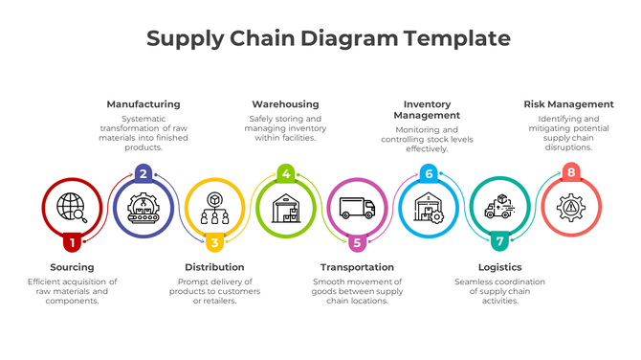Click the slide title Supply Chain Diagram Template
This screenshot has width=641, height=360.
[x=328, y=39]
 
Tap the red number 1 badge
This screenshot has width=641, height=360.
[x=72, y=243]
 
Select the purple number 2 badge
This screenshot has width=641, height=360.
[x=143, y=173]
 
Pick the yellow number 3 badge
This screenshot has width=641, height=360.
[x=214, y=243]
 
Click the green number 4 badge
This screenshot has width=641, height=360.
[x=285, y=173]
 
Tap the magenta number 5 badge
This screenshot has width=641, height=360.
[x=357, y=243]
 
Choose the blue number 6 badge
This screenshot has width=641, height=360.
[x=429, y=173]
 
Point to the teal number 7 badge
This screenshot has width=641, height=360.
[x=499, y=243]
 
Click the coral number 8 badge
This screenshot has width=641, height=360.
[x=571, y=173]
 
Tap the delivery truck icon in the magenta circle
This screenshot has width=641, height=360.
[x=357, y=208]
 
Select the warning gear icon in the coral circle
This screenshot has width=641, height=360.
[x=571, y=208]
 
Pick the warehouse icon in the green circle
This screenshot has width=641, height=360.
[x=285, y=208]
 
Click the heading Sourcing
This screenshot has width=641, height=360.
[x=72, y=267]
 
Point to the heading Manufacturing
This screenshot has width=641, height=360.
[x=143, y=103]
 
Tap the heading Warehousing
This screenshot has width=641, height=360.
[x=285, y=103]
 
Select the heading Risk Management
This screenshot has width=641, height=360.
[x=568, y=103]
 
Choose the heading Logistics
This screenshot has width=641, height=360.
[x=499, y=267]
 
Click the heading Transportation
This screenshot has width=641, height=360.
[x=357, y=267]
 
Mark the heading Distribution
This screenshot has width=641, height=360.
[x=214, y=267]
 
